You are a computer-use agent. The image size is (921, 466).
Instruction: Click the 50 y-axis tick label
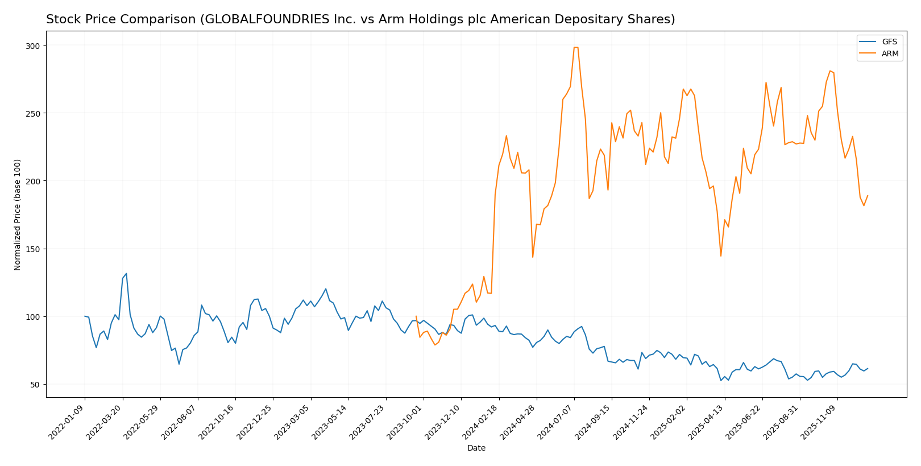point(35,385)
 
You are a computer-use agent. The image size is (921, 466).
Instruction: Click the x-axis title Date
point(476,448)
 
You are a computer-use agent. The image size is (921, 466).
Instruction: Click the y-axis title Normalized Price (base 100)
point(18,215)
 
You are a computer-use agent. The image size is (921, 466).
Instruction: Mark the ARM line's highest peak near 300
point(576,47)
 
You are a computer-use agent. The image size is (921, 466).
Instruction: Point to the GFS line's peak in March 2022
point(126,274)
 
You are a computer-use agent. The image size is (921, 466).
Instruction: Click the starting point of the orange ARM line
point(416,316)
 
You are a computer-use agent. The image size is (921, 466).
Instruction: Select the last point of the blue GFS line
point(868,368)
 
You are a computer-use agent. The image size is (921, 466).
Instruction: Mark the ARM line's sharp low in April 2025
point(721,255)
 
